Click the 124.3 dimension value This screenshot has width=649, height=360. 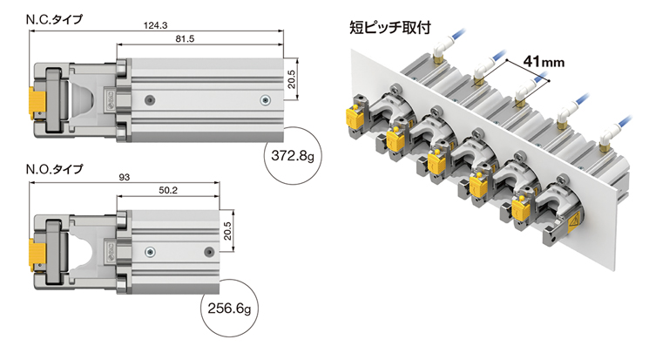click(155, 25)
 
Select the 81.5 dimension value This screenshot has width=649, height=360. click(185, 39)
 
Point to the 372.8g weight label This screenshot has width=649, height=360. click(293, 156)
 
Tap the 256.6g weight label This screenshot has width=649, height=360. click(229, 309)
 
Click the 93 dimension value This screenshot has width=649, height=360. click(125, 177)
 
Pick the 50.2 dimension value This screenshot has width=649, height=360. click(168, 190)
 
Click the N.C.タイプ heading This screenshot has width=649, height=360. click(54, 19)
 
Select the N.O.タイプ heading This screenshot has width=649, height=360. click(54, 169)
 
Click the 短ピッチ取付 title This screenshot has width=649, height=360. click(390, 28)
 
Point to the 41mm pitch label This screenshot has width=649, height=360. click(544, 62)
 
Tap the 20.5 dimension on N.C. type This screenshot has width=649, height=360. click(291, 79)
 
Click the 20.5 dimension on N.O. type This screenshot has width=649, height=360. click(227, 231)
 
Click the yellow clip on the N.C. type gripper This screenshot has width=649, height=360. click(37, 102)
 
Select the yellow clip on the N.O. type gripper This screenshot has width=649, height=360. click(37, 254)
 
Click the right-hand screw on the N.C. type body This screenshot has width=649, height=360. click(265, 100)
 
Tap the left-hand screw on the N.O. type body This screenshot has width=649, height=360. click(150, 252)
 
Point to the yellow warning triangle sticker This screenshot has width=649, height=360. click(573, 225)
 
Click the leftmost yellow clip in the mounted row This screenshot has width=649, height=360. click(354, 118)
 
